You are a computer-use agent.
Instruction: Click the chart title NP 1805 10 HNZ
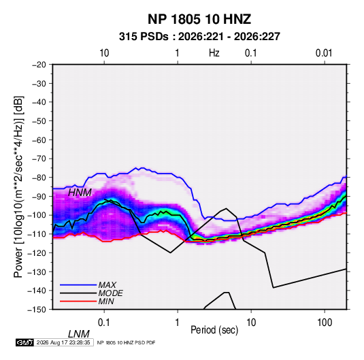(x=199, y=19)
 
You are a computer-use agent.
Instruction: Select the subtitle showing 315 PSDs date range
(x=199, y=37)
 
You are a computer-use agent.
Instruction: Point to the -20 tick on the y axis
(x=39, y=65)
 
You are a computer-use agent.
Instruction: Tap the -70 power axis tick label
(x=39, y=159)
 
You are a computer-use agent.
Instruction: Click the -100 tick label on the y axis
(x=37, y=215)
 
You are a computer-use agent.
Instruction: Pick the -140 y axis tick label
(x=37, y=291)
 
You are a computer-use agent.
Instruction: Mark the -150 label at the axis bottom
(x=37, y=310)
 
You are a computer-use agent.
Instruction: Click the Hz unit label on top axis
(x=214, y=53)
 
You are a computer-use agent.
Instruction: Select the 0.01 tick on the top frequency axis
(x=324, y=53)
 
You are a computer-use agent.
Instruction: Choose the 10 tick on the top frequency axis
(x=104, y=53)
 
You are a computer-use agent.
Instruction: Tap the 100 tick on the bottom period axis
(x=325, y=323)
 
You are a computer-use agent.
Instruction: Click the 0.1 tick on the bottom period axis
(x=104, y=323)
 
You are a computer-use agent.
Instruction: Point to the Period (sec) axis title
(x=214, y=330)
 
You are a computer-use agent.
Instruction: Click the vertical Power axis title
(x=18, y=186)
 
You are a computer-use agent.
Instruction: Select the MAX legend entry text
(x=107, y=285)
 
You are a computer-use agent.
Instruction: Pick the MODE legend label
(x=110, y=293)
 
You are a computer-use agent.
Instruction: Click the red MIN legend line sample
(x=78, y=301)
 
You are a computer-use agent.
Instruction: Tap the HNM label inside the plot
(x=80, y=193)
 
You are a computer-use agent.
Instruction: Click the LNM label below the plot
(x=78, y=334)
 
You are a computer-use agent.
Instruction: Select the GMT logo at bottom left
(x=24, y=342)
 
